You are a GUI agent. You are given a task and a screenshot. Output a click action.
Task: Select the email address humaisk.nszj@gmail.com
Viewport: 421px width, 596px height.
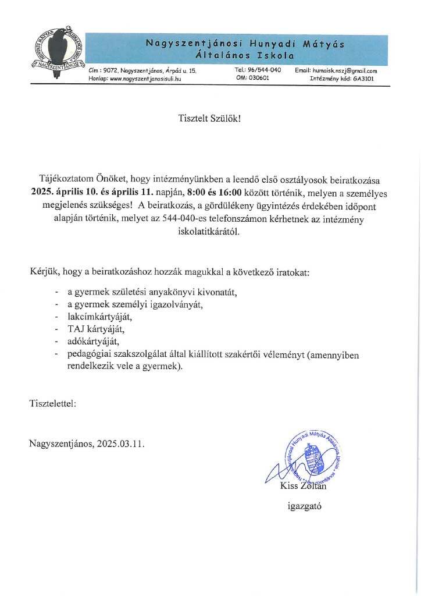pyautogui.click(x=345, y=70)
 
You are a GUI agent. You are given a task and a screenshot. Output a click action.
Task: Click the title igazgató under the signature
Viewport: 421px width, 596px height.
pyautogui.click(x=305, y=506)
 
